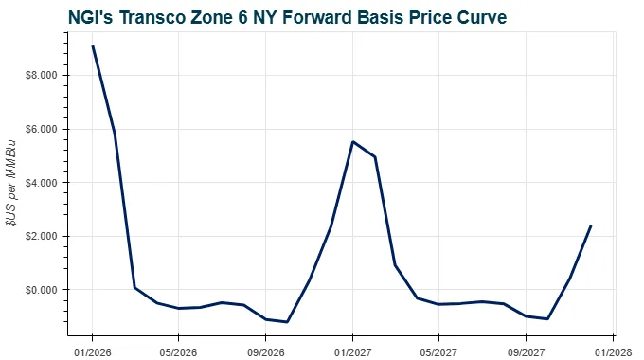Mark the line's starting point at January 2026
pos(92,46)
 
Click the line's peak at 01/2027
pos(352,142)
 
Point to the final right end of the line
pos(591,226)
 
